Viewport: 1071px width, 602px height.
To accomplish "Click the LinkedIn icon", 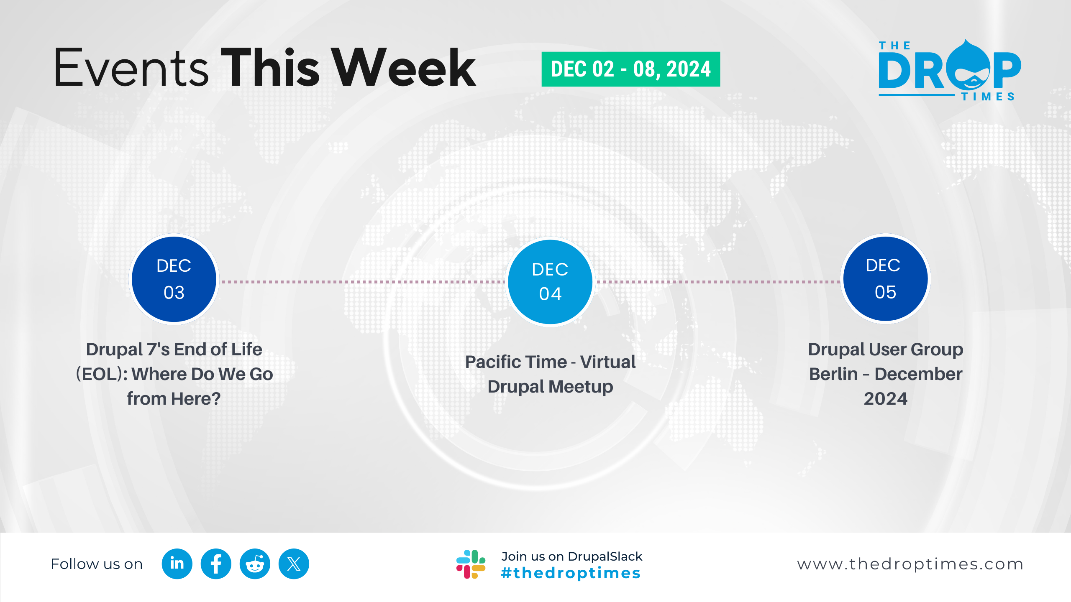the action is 177,564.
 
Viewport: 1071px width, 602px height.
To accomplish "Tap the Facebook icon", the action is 216,564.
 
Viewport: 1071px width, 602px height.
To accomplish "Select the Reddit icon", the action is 255,564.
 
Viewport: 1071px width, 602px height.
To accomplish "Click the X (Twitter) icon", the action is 294,564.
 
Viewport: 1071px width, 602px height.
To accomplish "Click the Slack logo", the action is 471,564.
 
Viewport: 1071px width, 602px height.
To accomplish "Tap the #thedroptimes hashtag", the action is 571,573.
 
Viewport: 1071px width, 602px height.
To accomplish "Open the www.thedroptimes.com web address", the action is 910,564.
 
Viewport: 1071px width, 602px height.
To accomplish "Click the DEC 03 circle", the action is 174,279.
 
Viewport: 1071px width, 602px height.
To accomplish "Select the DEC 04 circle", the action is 550,282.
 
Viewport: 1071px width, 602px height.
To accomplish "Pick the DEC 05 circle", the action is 885,279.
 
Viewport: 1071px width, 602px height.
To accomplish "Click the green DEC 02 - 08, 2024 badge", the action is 630,69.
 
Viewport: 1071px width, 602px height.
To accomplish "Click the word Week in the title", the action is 405,67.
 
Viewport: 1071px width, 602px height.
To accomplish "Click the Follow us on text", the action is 97,564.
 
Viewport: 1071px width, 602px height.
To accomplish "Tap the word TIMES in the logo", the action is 988,97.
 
